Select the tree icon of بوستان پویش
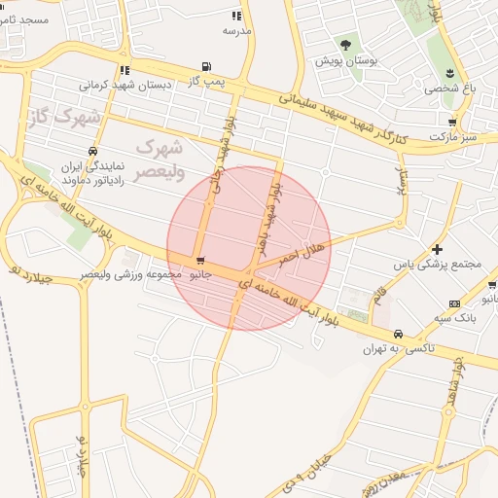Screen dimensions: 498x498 click(x=345, y=45)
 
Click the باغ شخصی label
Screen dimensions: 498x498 click(x=449, y=88)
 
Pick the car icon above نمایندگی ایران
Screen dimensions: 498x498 click(x=91, y=151)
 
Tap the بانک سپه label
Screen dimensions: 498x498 click(x=455, y=318)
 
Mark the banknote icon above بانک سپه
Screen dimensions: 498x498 click(x=455, y=303)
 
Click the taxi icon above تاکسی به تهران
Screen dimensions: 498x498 click(x=397, y=335)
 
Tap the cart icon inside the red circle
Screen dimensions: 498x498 click(x=199, y=261)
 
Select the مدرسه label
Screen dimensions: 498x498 click(x=236, y=31)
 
